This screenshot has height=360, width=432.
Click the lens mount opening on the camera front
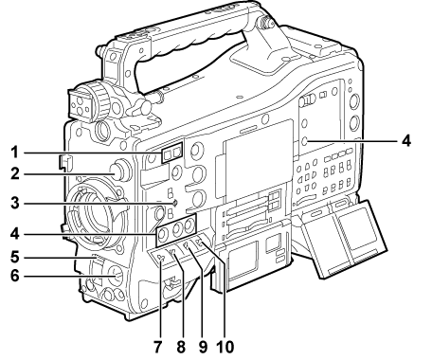point(99,227)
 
